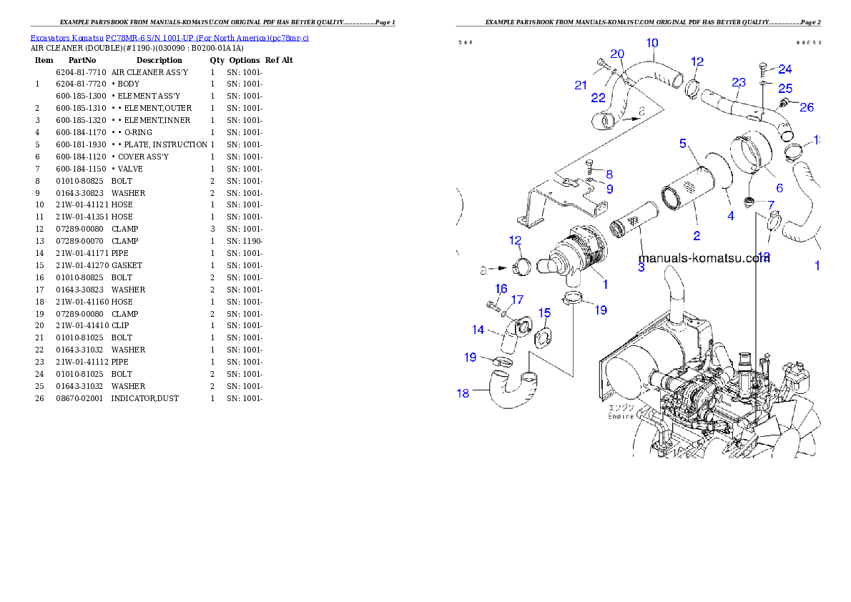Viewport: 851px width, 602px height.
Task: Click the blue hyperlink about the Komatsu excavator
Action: point(169,38)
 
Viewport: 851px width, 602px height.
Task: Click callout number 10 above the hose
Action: point(651,44)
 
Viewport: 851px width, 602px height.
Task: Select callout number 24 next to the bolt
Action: point(785,69)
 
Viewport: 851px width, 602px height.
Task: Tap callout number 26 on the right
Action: point(806,108)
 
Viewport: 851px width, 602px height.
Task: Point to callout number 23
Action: point(739,83)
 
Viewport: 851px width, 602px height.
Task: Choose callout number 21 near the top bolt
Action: point(581,86)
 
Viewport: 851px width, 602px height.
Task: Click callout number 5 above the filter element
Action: point(683,144)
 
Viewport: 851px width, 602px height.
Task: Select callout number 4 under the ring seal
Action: point(730,216)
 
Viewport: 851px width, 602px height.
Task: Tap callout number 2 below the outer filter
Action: point(696,235)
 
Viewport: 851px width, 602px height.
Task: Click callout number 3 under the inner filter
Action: point(641,267)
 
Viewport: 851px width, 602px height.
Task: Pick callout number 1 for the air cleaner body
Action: point(604,284)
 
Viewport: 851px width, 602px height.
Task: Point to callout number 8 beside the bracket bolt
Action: point(609,174)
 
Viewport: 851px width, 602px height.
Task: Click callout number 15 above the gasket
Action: point(544,313)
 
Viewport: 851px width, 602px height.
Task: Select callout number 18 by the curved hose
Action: point(463,393)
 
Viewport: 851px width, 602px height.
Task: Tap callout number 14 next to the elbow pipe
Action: point(478,330)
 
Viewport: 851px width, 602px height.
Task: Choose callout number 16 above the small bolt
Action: point(501,288)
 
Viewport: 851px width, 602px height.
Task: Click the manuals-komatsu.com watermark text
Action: point(702,258)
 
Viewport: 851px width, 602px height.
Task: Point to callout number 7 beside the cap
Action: point(771,205)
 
